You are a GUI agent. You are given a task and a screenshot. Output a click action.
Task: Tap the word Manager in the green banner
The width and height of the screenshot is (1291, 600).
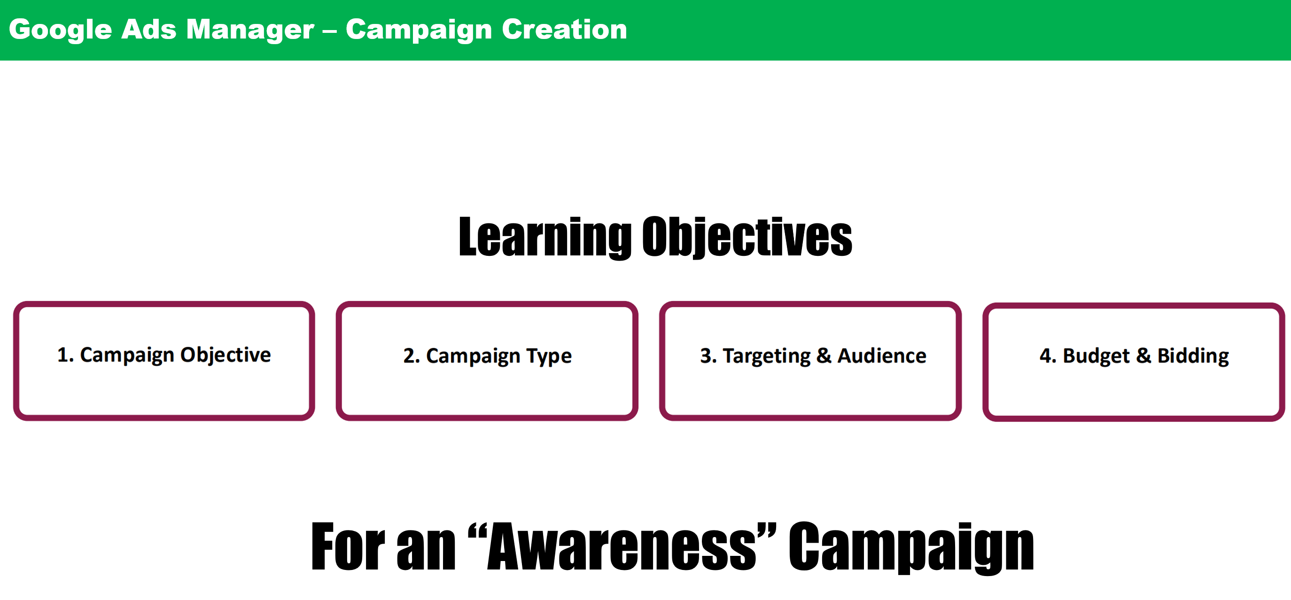[250, 29]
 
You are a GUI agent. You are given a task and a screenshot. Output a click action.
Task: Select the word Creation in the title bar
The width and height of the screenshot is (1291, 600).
[564, 29]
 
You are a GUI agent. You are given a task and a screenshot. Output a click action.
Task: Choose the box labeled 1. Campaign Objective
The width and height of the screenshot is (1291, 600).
[164, 361]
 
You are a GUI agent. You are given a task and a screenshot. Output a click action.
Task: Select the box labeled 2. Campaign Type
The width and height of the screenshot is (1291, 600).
[487, 361]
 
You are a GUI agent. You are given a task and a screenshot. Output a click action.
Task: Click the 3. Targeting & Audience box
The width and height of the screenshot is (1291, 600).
[810, 361]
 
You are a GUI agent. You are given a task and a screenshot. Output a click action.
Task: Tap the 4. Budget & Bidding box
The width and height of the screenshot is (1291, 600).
[1134, 362]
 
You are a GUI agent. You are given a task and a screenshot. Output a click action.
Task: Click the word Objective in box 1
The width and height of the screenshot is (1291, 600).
[226, 355]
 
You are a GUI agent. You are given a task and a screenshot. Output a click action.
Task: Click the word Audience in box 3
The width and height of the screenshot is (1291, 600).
[882, 355]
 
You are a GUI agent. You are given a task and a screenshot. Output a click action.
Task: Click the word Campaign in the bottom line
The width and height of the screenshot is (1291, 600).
[911, 548]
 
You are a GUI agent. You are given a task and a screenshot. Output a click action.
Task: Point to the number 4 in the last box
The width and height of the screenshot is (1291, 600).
[1045, 355]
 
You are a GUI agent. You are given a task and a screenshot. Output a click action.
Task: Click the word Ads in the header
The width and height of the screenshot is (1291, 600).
[149, 29]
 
